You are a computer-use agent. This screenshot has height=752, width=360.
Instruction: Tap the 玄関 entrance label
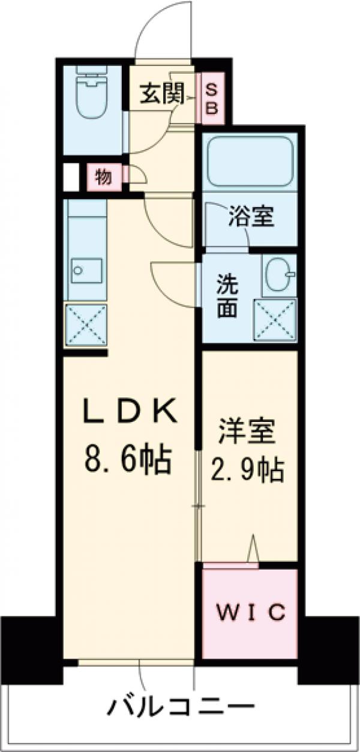161,95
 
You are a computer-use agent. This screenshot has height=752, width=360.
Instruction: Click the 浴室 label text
250,217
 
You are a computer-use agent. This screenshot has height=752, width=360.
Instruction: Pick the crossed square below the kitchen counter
86,325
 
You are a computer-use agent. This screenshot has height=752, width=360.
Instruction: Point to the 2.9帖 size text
247,472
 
